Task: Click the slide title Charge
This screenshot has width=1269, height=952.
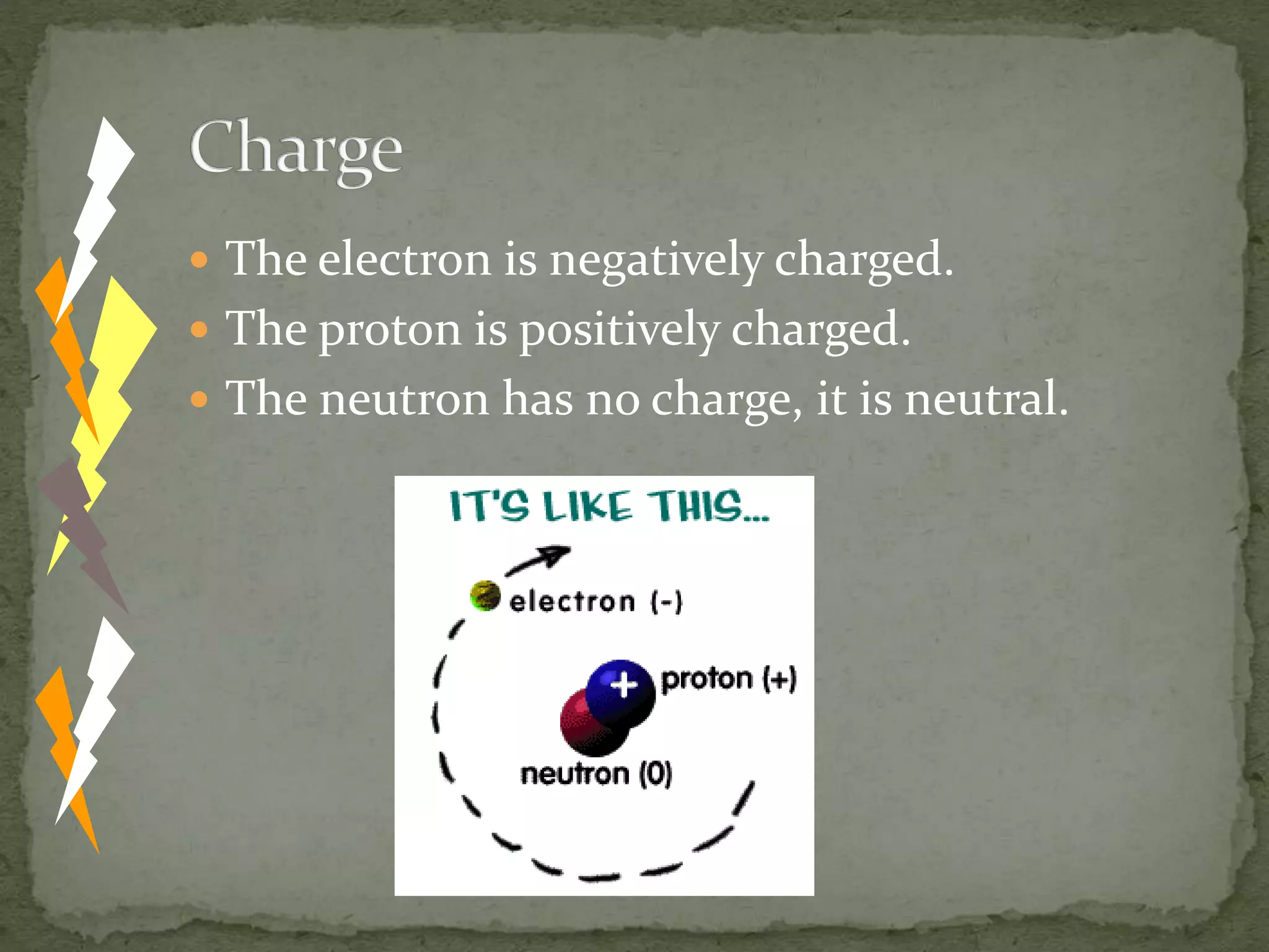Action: click(296, 150)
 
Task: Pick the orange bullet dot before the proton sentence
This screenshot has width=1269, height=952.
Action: click(199, 329)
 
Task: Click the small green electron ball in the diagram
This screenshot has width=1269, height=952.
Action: click(485, 596)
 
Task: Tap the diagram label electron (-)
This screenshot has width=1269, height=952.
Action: click(595, 602)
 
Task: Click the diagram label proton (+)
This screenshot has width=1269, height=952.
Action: click(729, 679)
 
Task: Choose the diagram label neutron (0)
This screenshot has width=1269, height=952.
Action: click(596, 774)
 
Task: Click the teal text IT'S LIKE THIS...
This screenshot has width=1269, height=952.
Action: click(608, 506)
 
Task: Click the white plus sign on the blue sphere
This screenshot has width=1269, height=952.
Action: click(624, 685)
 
